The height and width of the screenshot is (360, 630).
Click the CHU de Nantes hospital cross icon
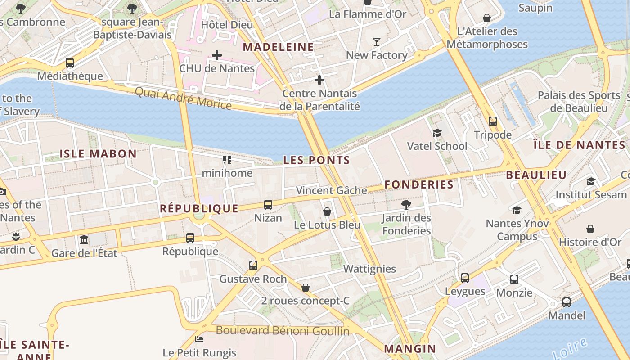[x=217, y=55]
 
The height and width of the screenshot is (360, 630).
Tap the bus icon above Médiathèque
[x=70, y=63]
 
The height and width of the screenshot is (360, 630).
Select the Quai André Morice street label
[x=183, y=99]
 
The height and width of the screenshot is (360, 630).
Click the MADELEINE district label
[x=279, y=47]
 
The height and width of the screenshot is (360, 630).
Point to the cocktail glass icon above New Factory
[x=377, y=42]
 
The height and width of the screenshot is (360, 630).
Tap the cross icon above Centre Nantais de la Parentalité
[x=319, y=81]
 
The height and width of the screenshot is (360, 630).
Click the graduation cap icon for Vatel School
[x=437, y=133]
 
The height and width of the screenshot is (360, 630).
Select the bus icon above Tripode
[x=493, y=121]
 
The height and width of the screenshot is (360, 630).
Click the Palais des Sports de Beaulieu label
[x=579, y=102]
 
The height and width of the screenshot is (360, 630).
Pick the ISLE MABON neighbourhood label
[x=98, y=154]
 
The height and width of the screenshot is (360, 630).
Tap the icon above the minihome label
[x=227, y=160]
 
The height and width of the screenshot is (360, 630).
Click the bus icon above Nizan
[x=268, y=205]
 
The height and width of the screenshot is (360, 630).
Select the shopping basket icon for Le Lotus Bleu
[x=327, y=211]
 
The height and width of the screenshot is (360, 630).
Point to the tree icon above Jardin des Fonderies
[x=406, y=205]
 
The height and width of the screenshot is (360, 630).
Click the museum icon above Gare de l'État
[x=84, y=239]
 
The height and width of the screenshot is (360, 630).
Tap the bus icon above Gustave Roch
[x=253, y=265]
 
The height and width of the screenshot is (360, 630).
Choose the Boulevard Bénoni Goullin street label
[x=283, y=331]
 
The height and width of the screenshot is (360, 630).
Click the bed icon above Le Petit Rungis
[x=199, y=339]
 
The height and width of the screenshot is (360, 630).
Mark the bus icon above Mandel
[x=567, y=302]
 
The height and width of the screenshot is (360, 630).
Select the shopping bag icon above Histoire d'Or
[x=590, y=229]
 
